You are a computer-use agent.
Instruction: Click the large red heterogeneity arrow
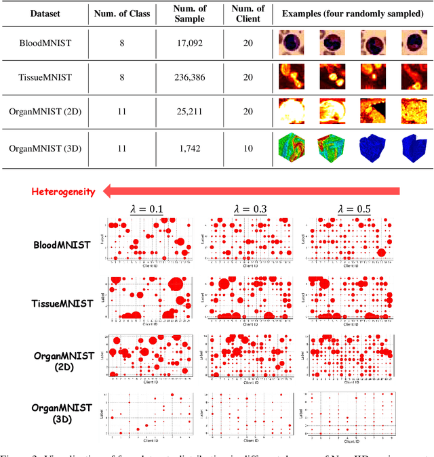[x=258, y=192]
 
